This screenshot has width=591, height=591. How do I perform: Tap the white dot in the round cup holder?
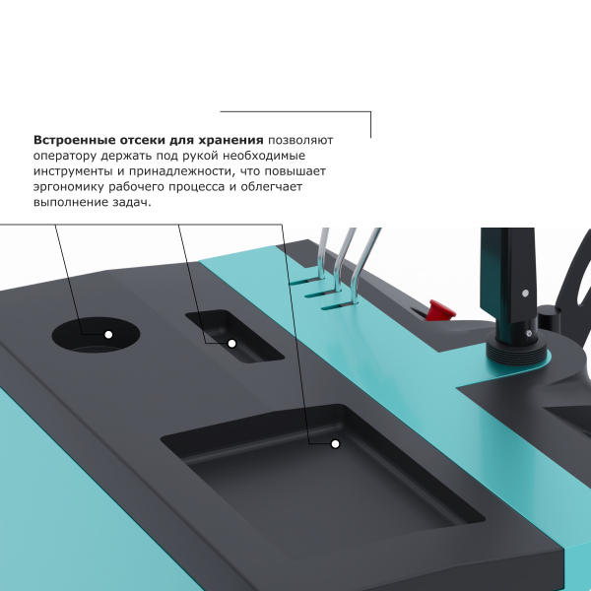108,335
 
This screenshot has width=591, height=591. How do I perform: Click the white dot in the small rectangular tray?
232,343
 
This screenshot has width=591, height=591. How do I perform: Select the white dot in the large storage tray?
335,444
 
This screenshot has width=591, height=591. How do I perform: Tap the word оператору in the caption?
64,156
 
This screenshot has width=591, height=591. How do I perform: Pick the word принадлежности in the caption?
184,171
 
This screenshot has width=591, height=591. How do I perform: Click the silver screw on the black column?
527,294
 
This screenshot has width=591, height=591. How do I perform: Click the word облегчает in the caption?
281,186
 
